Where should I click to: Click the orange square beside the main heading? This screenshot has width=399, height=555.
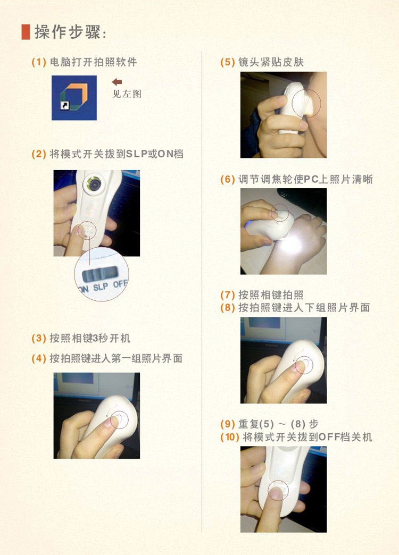tap(26, 32)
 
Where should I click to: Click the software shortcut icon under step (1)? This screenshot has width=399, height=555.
tap(74, 98)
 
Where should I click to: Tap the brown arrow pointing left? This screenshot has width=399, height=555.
tap(117, 82)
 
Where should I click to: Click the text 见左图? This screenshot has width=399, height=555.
tap(127, 94)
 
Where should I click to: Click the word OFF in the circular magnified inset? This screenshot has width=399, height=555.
tap(120, 284)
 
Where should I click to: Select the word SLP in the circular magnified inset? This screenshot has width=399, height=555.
tap(101, 287)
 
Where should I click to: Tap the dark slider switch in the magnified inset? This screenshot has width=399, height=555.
tap(100, 273)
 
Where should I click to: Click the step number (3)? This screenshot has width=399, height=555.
tap(39, 339)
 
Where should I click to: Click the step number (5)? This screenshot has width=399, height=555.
tap(228, 62)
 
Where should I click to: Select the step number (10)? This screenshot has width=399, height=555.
tap(230, 437)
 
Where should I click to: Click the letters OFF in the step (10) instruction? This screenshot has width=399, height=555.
tap(328, 437)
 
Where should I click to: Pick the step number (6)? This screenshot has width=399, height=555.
tap(228, 180)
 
